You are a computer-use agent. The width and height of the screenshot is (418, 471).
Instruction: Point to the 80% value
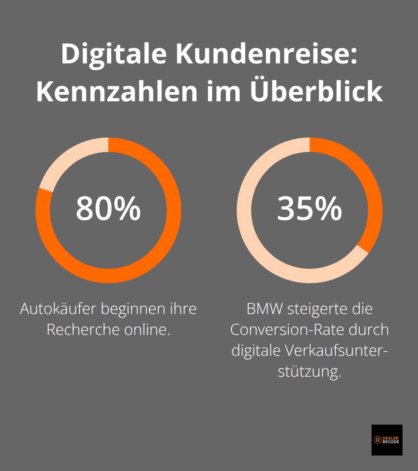pos(108,209)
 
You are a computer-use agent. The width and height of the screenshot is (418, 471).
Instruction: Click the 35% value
pos(310,209)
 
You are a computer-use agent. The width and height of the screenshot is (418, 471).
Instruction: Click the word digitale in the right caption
pos(256,351)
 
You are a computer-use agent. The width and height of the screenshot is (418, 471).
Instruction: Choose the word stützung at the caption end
pos(309,372)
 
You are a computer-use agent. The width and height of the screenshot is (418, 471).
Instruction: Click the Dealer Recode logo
pos(387,440)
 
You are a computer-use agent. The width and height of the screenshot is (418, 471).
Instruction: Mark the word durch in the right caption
pos(368,330)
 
